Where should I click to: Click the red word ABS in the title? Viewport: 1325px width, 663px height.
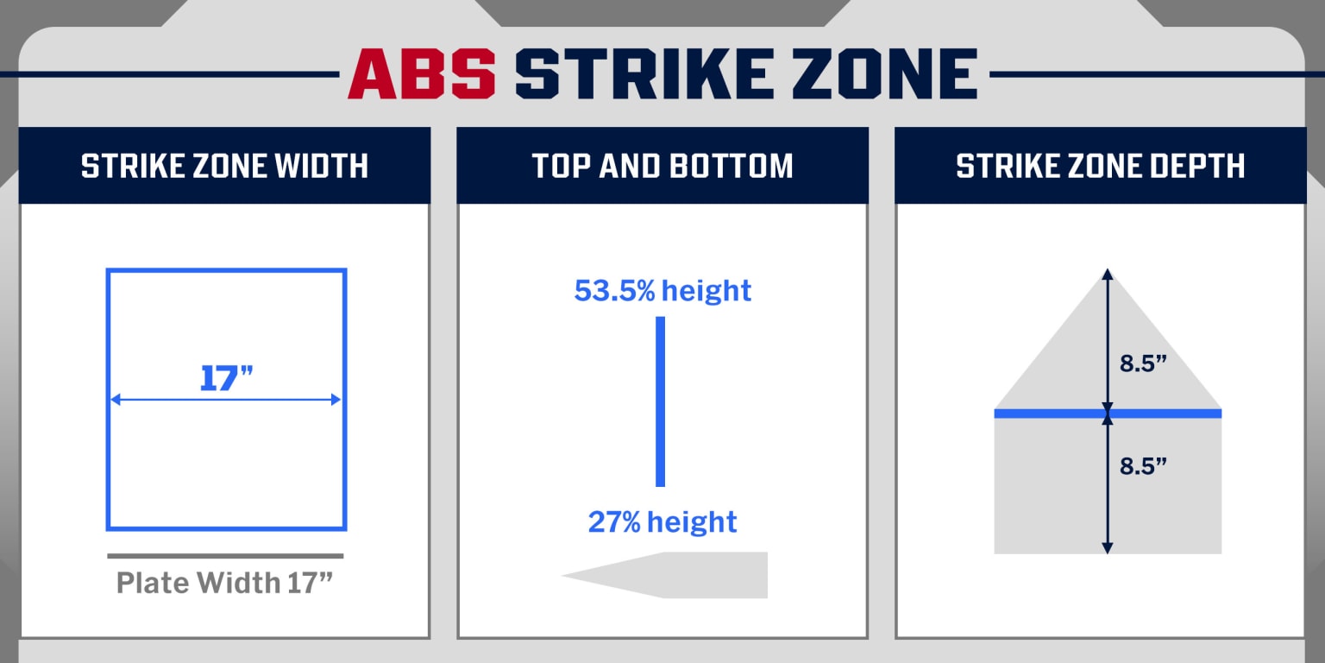[422, 73]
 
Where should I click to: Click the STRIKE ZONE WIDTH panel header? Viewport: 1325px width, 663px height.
[224, 166]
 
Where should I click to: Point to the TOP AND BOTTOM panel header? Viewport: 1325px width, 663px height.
[662, 166]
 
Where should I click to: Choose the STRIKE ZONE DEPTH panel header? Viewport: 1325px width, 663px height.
[1100, 166]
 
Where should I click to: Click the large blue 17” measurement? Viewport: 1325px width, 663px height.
[227, 378]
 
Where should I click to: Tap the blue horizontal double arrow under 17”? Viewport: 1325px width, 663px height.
[226, 400]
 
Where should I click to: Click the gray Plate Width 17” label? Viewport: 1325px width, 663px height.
[224, 583]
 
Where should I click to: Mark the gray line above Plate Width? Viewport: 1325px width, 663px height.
[225, 556]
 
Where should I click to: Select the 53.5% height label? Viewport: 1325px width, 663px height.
[662, 291]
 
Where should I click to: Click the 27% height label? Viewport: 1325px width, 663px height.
[662, 522]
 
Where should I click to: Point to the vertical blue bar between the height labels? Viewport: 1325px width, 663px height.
[661, 401]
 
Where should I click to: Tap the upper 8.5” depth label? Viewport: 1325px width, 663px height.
[1143, 363]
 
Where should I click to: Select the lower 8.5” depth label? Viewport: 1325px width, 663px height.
[1143, 466]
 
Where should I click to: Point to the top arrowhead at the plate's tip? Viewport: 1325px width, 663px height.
[1108, 275]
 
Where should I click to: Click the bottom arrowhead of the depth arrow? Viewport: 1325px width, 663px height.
[1108, 547]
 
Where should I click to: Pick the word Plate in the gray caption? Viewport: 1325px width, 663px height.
[154, 583]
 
